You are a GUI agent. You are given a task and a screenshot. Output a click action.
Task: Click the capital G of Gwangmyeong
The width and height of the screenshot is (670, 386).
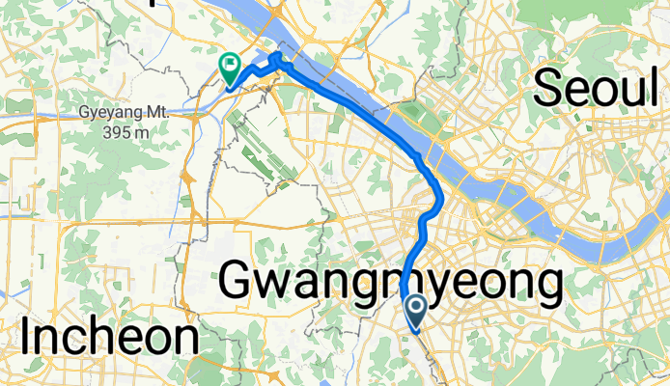[240, 282]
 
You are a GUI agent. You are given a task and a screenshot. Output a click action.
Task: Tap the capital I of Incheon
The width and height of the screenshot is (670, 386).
[27, 339]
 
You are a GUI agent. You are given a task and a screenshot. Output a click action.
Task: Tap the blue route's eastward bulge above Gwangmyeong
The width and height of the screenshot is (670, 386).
[439, 199]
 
